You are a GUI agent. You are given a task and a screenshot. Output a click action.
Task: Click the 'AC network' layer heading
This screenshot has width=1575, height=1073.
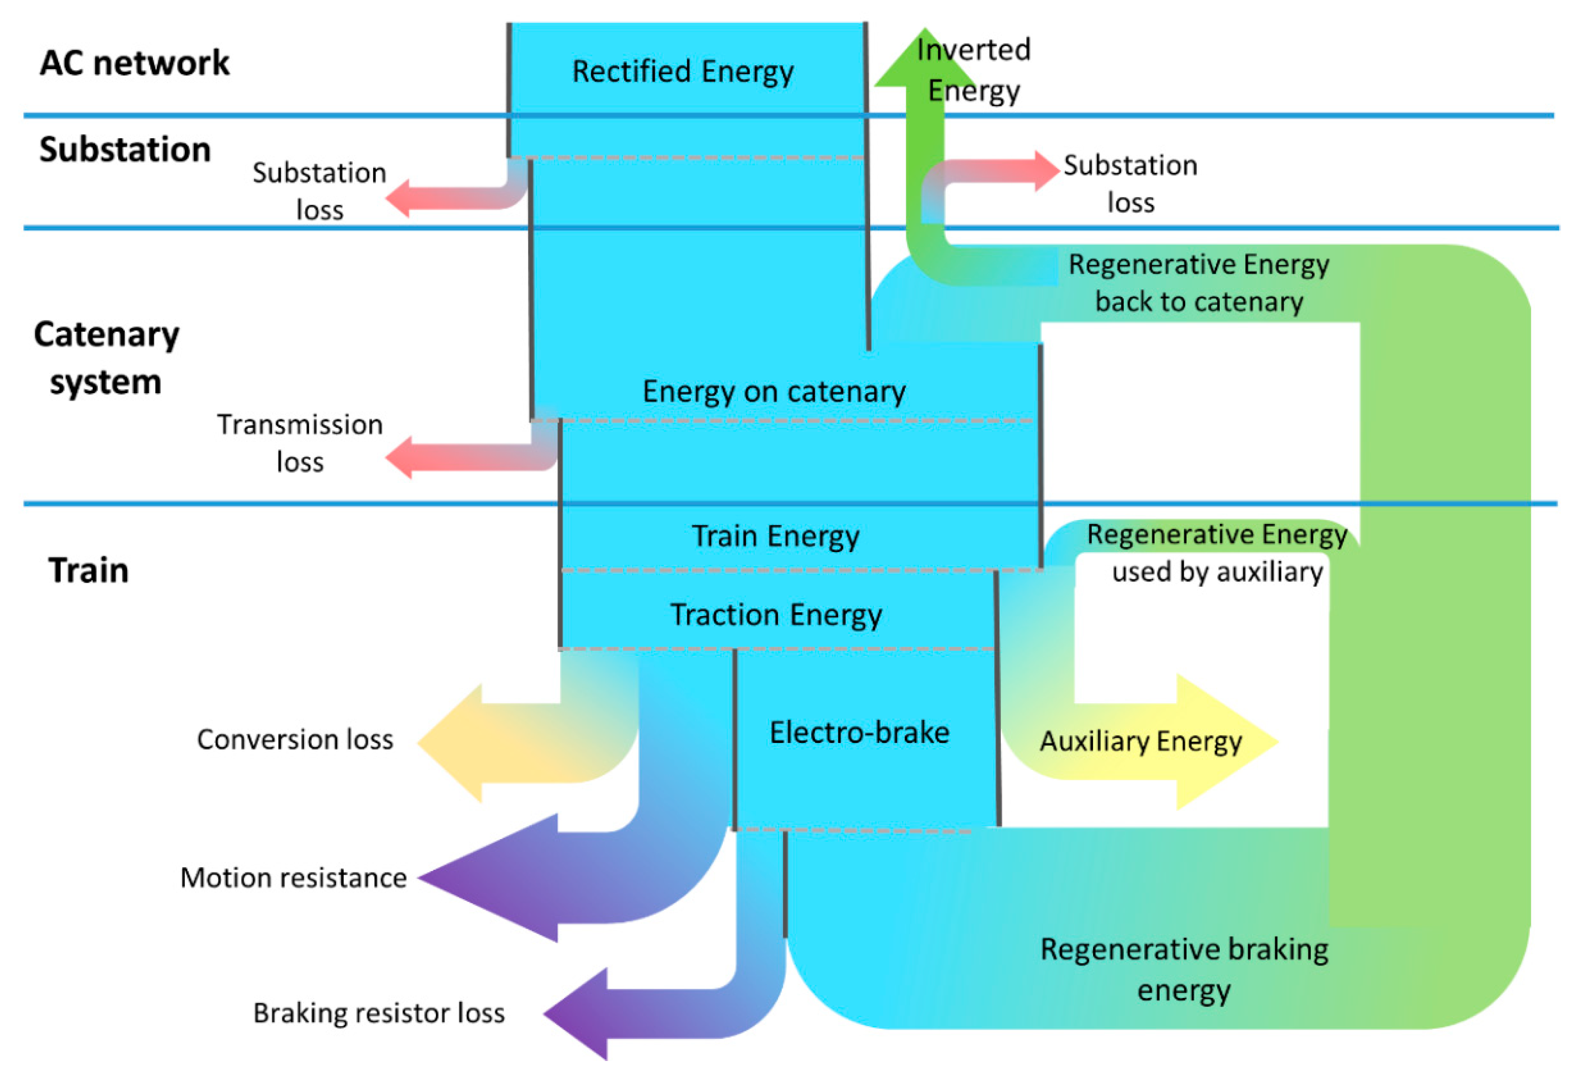[x=134, y=63]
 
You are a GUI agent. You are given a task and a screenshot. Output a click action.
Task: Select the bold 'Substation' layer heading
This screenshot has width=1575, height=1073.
[x=125, y=149]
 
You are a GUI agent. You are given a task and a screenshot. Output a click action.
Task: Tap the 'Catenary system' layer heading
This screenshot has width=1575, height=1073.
[x=106, y=358]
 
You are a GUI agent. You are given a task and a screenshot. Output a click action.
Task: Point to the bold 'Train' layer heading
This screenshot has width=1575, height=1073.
[x=88, y=570]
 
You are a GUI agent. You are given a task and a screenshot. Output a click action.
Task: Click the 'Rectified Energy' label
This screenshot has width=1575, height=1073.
[x=682, y=72]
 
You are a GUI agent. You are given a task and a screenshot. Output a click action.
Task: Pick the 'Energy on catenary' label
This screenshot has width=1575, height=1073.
[x=774, y=392]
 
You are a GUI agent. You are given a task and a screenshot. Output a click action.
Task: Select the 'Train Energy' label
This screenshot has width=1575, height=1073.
[x=775, y=536]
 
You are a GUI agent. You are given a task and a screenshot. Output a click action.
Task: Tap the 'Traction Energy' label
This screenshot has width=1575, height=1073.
[x=776, y=615]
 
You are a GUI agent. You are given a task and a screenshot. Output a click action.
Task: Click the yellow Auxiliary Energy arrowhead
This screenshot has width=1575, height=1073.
[x=1220, y=741]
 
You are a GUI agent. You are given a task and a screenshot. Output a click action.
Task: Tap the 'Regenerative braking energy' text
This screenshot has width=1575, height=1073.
[x=1183, y=969]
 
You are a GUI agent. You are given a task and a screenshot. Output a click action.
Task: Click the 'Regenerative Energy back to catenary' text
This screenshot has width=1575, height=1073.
[x=1198, y=283]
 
